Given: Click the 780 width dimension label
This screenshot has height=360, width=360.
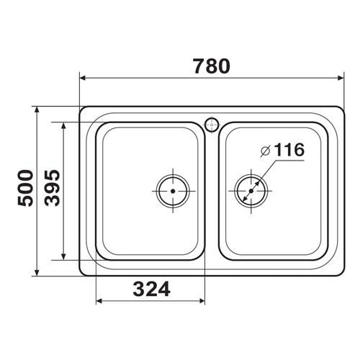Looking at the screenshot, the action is (x=212, y=66).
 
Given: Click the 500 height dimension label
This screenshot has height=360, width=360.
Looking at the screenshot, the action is (x=25, y=188).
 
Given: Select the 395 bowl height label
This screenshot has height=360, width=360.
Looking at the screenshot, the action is (x=53, y=188).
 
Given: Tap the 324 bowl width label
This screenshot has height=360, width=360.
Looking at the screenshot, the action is (x=151, y=289).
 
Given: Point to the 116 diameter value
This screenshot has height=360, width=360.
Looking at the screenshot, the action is (x=289, y=150).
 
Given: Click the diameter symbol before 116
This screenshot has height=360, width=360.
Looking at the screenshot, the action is (x=266, y=151).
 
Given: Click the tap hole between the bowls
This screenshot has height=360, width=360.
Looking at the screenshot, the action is (x=212, y=125).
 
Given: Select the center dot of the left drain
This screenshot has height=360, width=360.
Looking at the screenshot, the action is (x=173, y=191).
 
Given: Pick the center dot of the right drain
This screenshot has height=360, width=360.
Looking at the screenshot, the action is (x=251, y=191).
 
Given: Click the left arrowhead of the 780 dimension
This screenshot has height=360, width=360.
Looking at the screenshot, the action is (x=83, y=78).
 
